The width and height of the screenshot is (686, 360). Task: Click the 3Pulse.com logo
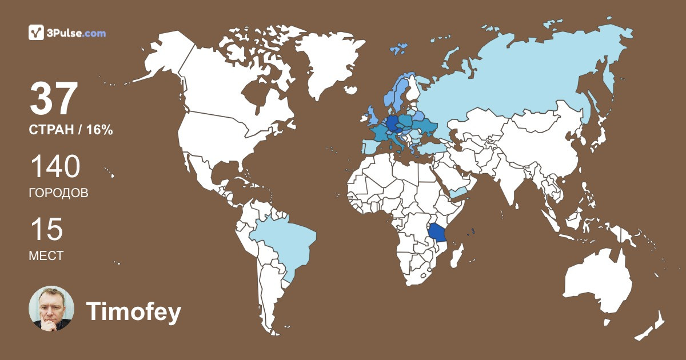[67, 33]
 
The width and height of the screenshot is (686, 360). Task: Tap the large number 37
[53, 98]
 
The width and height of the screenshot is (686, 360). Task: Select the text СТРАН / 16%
[70, 130]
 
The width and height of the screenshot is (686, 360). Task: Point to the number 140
[55, 167]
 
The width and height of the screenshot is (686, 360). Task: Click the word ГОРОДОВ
[58, 193]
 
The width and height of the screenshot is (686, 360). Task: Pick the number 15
[46, 230]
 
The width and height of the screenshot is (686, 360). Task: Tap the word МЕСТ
[46, 256]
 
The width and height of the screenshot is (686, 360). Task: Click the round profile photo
[51, 309]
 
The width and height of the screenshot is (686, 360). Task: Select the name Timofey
[133, 312]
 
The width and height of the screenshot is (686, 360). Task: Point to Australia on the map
[597, 283]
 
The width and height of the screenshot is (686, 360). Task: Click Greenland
[326, 63]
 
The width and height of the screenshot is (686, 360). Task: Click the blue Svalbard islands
[398, 49]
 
